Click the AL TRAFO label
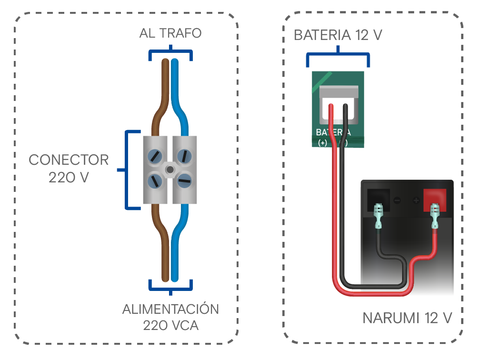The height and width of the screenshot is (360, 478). pyautogui.click(x=170, y=33)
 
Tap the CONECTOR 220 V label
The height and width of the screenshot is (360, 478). pyautogui.click(x=69, y=169)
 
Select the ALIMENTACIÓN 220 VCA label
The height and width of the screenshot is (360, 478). pyautogui.click(x=171, y=317)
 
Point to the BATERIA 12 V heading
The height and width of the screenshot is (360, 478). pyautogui.click(x=338, y=35)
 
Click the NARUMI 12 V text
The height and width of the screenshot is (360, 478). pyautogui.click(x=407, y=318)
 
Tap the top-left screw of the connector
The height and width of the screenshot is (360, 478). pyautogui.click(x=155, y=156)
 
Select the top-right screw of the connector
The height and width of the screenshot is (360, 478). pyautogui.click(x=184, y=156)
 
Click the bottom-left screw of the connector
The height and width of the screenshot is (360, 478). pyautogui.click(x=155, y=181)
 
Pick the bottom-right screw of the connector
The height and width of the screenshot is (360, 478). pyautogui.click(x=184, y=181)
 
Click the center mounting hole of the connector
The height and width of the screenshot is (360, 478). pyautogui.click(x=170, y=170)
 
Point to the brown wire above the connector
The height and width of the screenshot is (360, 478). pyautogui.click(x=161, y=97)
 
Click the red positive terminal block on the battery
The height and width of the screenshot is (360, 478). pyautogui.click(x=435, y=200)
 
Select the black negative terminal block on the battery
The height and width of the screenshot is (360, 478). pyautogui.click(x=378, y=200)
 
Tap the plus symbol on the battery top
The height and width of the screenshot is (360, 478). pyautogui.click(x=416, y=200)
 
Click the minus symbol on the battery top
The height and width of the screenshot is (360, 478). pyautogui.click(x=397, y=200)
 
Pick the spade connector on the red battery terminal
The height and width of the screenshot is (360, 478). pyautogui.click(x=435, y=216)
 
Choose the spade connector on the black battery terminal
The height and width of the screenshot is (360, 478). pyautogui.click(x=378, y=216)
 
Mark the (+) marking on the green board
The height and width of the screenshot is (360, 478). pyautogui.click(x=322, y=142)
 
